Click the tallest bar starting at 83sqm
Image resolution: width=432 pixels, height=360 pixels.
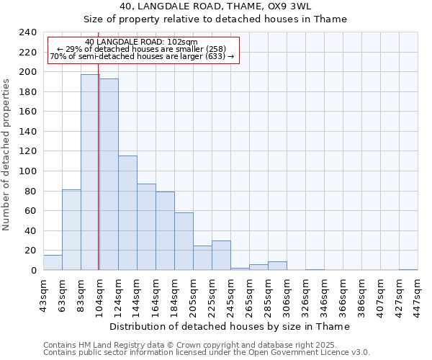point(90,172)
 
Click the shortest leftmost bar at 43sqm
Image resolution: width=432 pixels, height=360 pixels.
point(53,263)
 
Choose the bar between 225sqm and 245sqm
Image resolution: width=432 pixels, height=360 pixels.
point(221,256)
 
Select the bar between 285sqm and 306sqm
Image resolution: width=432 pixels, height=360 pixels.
point(277,266)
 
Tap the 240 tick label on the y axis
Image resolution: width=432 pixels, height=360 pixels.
point(28,32)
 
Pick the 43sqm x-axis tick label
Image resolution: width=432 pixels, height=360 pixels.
point(43,295)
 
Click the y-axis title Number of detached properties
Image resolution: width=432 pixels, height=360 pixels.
point(7,151)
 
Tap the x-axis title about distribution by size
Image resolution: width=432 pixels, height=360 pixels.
point(230,326)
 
